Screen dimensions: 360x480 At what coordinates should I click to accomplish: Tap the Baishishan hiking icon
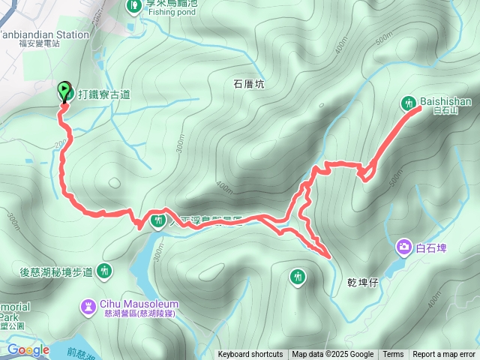click(409, 103)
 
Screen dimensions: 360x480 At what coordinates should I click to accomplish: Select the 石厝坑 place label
click(249, 85)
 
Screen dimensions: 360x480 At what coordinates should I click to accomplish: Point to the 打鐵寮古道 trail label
click(103, 94)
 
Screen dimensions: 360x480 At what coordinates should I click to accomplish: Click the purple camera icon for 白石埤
click(404, 247)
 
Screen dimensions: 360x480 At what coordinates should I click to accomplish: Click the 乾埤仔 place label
click(362, 283)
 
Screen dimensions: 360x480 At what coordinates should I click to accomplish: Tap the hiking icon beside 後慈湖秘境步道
click(104, 271)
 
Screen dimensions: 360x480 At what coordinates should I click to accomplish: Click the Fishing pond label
click(171, 12)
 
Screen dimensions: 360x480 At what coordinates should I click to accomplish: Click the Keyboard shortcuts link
click(250, 355)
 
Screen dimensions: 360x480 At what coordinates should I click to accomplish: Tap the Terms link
click(393, 355)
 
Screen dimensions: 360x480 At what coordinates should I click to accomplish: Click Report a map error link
click(444, 355)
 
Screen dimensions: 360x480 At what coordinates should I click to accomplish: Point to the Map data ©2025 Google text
click(332, 355)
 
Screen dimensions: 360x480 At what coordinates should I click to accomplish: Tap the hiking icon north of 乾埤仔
click(298, 277)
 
